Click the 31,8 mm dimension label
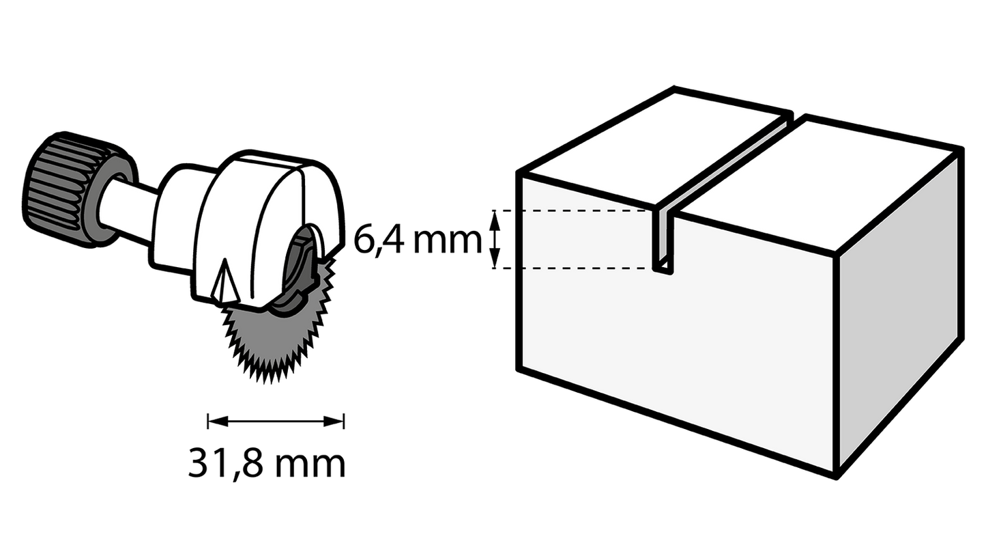click(267, 464)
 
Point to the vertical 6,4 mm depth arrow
click(497, 239)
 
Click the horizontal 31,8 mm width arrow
click(276, 421)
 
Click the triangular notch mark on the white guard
click(223, 281)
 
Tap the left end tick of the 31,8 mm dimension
click(207, 421)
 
